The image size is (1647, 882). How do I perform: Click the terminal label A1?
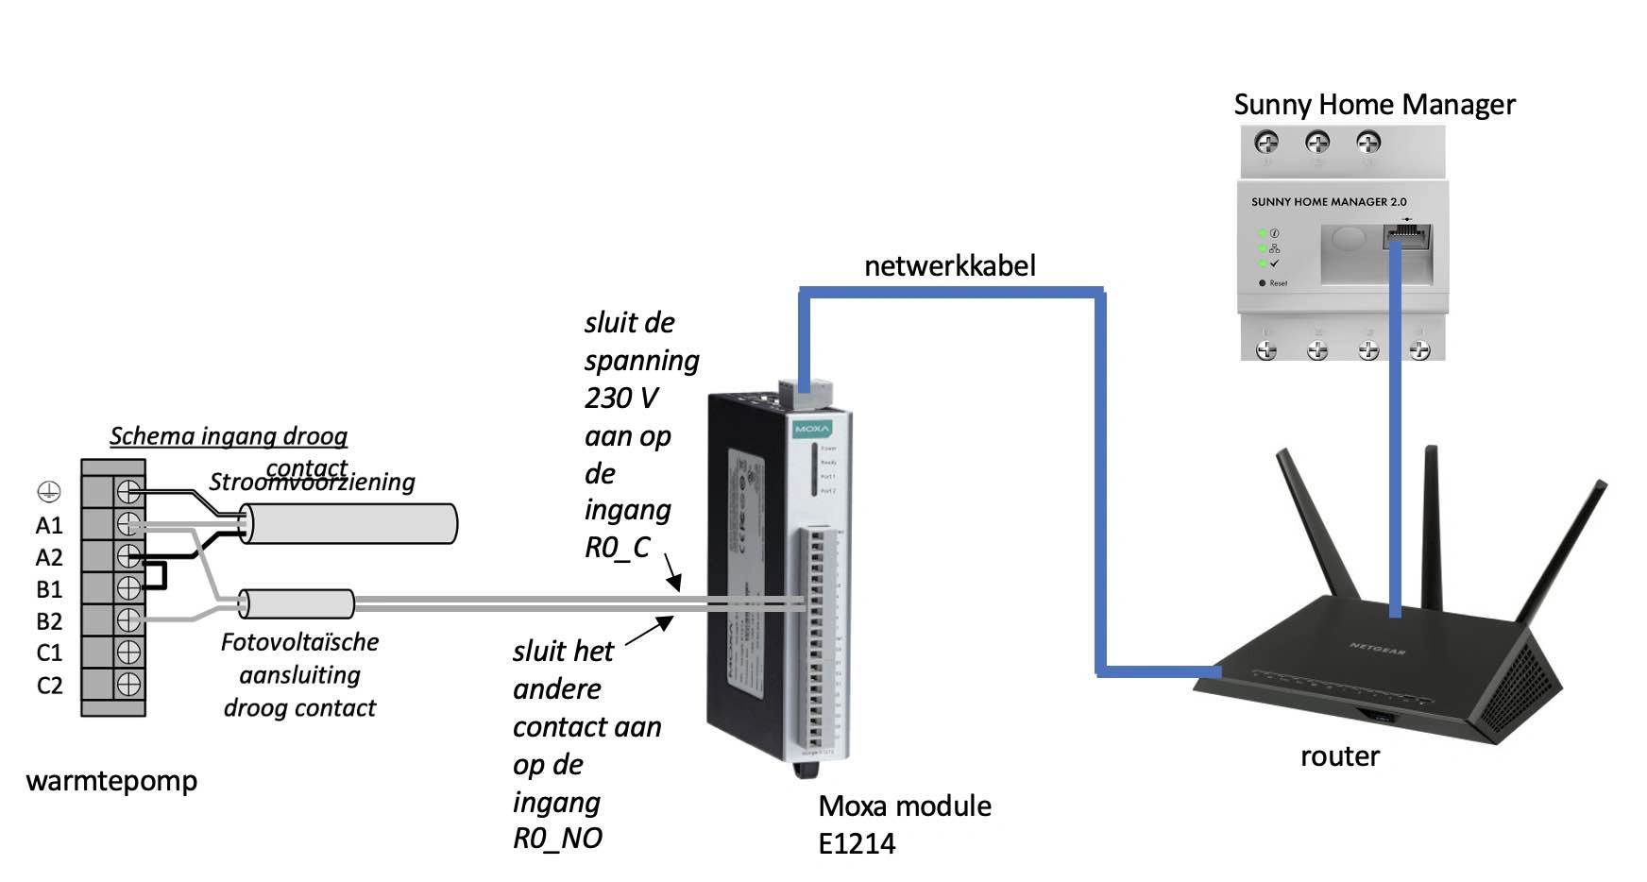pyautogui.click(x=49, y=525)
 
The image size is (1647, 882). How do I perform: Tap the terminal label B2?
pyautogui.click(x=49, y=621)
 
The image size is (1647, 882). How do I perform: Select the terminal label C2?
pyautogui.click(x=49, y=686)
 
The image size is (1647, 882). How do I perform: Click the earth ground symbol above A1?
pyautogui.click(x=49, y=491)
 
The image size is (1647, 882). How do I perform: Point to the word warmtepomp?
pyautogui.click(x=111, y=781)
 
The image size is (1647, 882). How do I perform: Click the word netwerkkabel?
pyautogui.click(x=949, y=266)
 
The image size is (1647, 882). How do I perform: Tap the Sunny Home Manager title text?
pyautogui.click(x=1374, y=104)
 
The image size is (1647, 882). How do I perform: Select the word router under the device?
pyautogui.click(x=1339, y=756)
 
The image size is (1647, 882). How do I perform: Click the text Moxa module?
pyautogui.click(x=904, y=806)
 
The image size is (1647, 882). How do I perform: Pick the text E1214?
pyautogui.click(x=856, y=843)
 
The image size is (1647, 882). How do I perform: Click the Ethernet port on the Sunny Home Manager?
pyautogui.click(x=1407, y=236)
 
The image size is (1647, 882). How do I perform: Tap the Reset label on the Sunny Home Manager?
pyautogui.click(x=1278, y=283)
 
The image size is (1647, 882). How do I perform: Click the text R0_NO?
pyautogui.click(x=557, y=838)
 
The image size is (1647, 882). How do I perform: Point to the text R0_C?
pyautogui.click(x=617, y=548)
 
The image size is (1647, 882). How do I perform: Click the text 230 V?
pyautogui.click(x=620, y=398)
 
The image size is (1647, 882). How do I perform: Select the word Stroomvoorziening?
pyautogui.click(x=312, y=482)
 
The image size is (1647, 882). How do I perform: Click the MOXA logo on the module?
pyautogui.click(x=812, y=429)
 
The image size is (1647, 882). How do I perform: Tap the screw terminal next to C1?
pyautogui.click(x=128, y=652)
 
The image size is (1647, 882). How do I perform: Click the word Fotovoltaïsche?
pyautogui.click(x=299, y=642)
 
